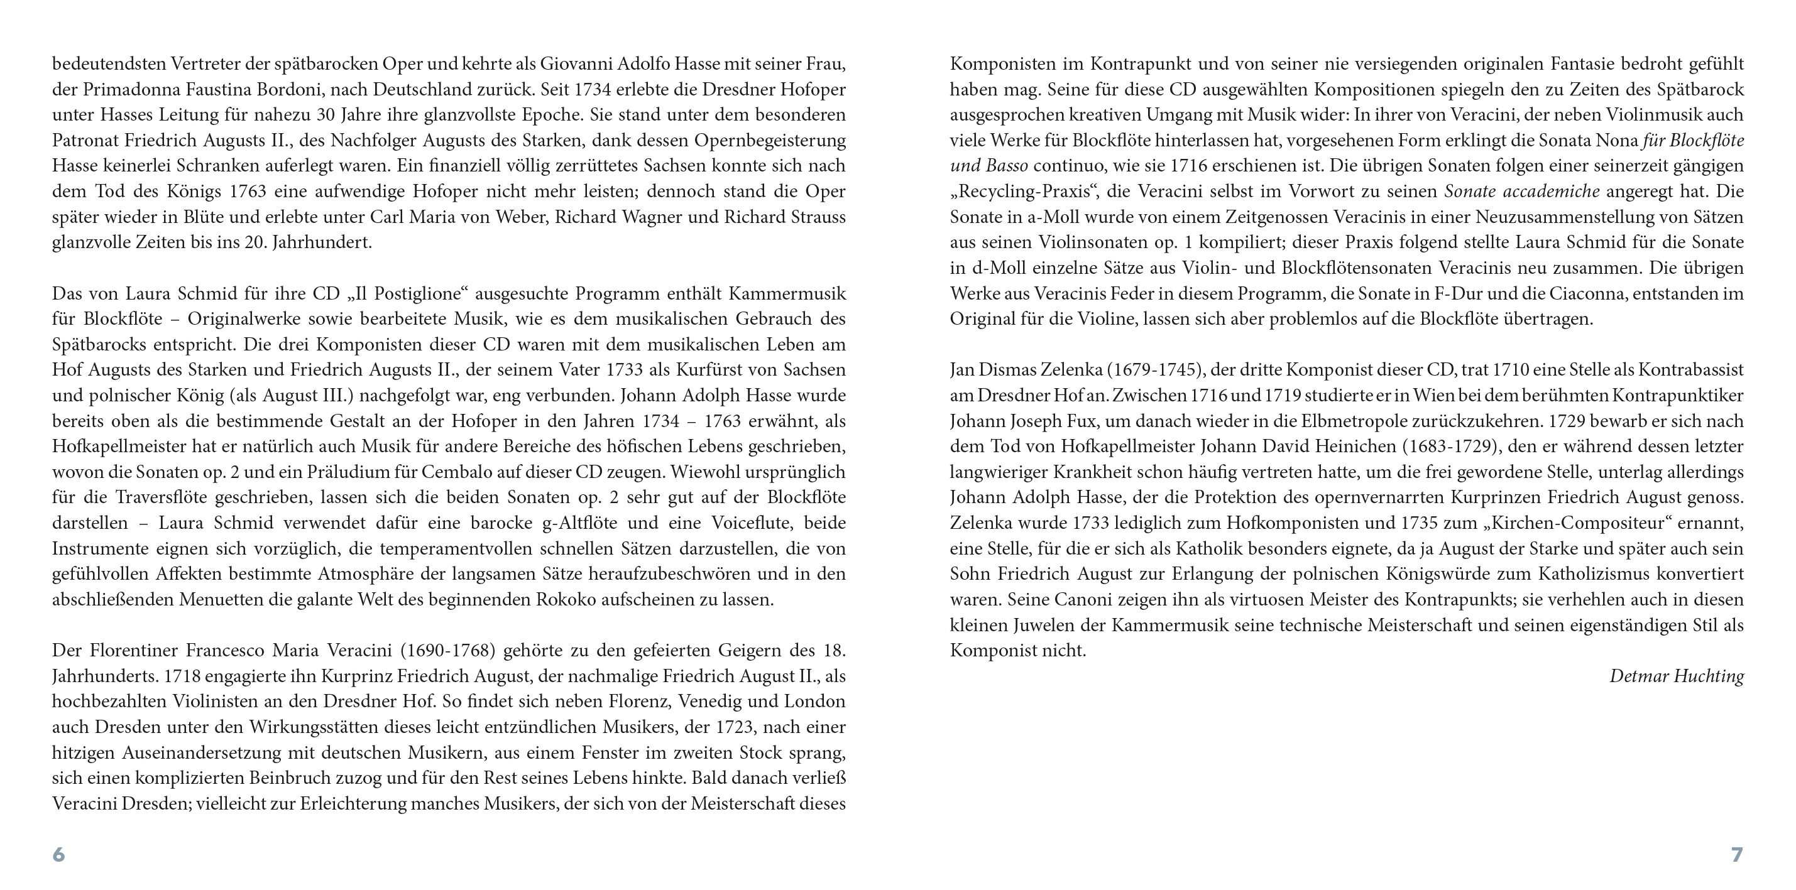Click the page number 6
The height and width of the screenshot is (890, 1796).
click(58, 854)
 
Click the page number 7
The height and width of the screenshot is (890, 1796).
click(1737, 854)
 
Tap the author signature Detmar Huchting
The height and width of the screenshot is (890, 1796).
click(1676, 676)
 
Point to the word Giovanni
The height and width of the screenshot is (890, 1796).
click(580, 64)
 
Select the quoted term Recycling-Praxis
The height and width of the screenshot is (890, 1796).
click(1021, 192)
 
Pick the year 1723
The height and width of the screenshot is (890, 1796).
click(734, 727)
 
